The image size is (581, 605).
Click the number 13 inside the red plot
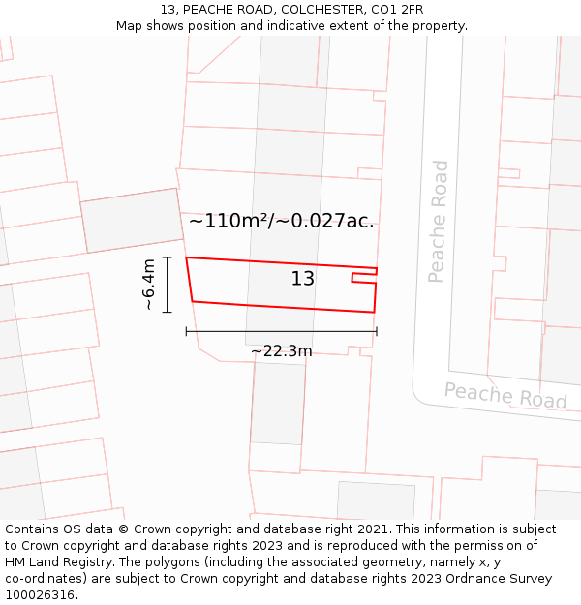click(303, 279)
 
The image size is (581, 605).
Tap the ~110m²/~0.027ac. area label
click(281, 221)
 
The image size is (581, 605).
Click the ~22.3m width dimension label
click(281, 350)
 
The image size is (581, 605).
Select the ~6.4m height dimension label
click(149, 285)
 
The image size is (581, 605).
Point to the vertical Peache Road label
click(439, 222)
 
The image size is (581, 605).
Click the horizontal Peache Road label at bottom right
click(505, 395)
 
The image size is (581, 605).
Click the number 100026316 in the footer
click(42, 595)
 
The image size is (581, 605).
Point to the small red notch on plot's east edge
click(364, 278)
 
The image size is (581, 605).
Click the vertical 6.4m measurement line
click(168, 285)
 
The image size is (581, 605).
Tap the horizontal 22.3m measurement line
click(281, 331)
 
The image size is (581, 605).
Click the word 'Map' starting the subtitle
click(131, 26)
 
